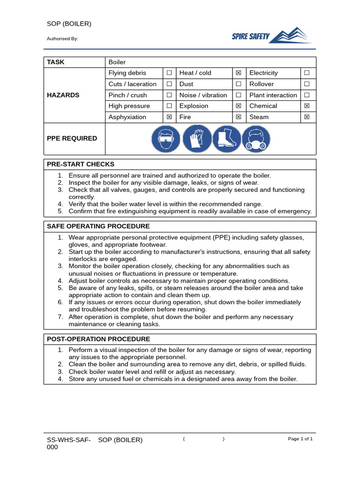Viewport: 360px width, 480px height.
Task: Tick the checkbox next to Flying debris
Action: click(x=169, y=73)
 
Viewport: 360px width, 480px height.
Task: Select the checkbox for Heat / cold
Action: click(x=238, y=73)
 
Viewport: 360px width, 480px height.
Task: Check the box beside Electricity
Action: click(x=307, y=73)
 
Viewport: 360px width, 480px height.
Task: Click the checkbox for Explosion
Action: click(x=238, y=106)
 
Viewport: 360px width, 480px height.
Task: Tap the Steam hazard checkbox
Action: click(x=307, y=117)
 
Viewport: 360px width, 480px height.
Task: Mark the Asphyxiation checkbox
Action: click(x=169, y=117)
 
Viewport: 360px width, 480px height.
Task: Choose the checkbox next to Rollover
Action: click(x=307, y=84)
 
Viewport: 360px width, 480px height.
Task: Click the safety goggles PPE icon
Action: click(x=165, y=139)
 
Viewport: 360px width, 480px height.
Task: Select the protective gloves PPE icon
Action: click(x=196, y=139)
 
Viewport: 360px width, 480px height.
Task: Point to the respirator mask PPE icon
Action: click(x=256, y=139)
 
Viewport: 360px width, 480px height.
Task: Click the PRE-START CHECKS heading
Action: click(x=81, y=165)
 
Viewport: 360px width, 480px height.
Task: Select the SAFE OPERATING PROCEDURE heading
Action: click(x=98, y=226)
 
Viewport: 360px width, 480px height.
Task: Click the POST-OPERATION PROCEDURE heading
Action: click(x=98, y=339)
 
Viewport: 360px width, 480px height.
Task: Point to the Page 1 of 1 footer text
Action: click(x=300, y=439)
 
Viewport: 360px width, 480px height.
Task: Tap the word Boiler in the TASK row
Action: click(x=117, y=62)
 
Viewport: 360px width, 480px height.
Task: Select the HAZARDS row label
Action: click(x=63, y=95)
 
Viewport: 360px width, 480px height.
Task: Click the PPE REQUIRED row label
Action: click(x=72, y=139)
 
